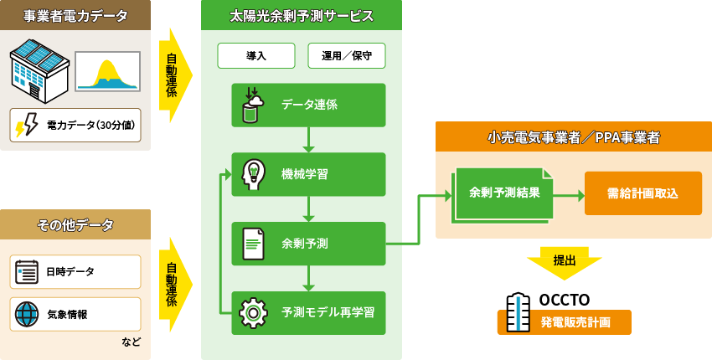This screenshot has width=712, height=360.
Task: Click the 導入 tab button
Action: pos(256,56)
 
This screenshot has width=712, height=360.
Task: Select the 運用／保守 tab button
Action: pos(347,56)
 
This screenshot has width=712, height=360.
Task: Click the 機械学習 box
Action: pos(309,174)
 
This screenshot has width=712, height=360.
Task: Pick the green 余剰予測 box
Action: pos(309,244)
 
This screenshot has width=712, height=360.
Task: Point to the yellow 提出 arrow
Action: pos(565,262)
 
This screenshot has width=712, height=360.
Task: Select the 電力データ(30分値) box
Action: pos(75,126)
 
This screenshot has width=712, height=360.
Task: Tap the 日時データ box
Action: pos(75,271)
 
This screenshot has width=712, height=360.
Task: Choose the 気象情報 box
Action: pos(75,314)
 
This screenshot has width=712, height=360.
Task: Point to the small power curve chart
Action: pos(106,71)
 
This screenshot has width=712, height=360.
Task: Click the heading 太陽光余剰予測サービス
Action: pos(302,16)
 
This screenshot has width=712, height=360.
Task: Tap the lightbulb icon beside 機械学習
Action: pos(253,174)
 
